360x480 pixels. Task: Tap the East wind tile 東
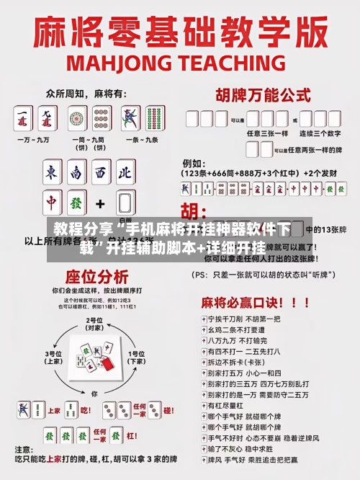[52, 174]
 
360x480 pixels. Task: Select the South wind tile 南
[76, 174]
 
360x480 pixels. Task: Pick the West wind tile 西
[101, 174]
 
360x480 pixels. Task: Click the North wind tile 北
[125, 174]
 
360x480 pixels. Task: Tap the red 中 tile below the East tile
[52, 203]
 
